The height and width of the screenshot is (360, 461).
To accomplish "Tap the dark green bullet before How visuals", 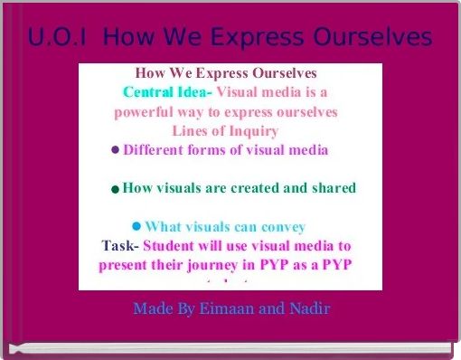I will [x=115, y=190].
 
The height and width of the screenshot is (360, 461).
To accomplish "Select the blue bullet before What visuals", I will [x=136, y=226].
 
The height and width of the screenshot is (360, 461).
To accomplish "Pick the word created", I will [x=268, y=188].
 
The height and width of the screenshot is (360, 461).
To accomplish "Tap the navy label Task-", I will [x=121, y=245].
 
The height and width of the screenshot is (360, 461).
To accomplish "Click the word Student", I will [x=171, y=245].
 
